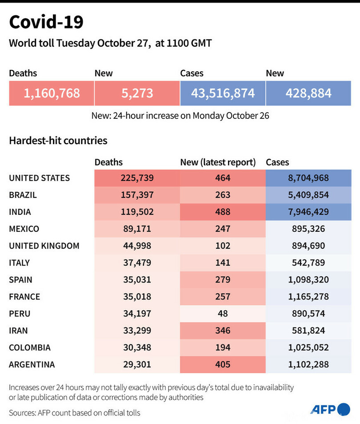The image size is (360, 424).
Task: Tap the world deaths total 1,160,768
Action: (52, 93)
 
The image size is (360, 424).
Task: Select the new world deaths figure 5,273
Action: (137, 93)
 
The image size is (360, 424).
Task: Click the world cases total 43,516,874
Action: (223, 93)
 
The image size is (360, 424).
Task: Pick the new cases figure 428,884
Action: (308, 93)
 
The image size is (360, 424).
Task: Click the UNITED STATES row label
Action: (40, 178)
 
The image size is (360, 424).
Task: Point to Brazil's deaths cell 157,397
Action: (137, 195)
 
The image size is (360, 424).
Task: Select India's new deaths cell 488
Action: (223, 212)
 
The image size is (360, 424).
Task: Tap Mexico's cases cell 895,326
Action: (308, 229)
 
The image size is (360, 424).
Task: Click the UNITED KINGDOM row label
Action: (44, 246)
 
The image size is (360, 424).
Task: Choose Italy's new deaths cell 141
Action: (223, 262)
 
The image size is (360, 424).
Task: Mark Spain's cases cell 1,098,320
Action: (308, 280)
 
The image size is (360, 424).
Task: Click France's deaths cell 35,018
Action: (137, 297)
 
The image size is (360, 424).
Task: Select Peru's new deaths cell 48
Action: (223, 314)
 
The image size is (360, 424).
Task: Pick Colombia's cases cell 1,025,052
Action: (308, 347)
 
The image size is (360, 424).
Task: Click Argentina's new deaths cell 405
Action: (223, 364)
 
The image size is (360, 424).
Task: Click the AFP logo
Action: (330, 409)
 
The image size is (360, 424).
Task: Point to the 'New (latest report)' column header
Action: (218, 162)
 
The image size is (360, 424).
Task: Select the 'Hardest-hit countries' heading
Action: (58, 141)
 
